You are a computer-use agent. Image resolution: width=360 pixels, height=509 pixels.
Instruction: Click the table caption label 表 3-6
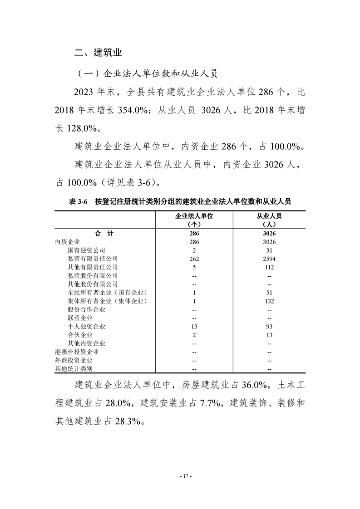pyautogui.click(x=78, y=202)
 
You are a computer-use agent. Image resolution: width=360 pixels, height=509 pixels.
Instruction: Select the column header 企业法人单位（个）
pyautogui.click(x=194, y=220)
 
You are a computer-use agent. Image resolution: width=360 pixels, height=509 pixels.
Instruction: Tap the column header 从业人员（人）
pyautogui.click(x=269, y=220)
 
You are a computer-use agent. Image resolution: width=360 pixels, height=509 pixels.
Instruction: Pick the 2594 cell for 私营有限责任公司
pyautogui.click(x=269, y=259)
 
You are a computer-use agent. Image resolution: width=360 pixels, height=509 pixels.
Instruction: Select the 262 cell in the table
pyautogui.click(x=194, y=259)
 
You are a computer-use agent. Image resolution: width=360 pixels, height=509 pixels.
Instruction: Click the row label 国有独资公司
pyautogui.click(x=86, y=250)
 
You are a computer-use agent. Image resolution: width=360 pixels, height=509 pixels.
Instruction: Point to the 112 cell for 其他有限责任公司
pyautogui.click(x=269, y=267)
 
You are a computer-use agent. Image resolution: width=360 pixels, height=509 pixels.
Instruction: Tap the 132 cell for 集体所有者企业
pyautogui.click(x=269, y=301)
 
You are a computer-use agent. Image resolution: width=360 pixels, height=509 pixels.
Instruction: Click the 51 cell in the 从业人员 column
pyautogui.click(x=269, y=293)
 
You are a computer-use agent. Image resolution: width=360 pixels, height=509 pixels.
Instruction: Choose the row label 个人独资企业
pyautogui.click(x=86, y=327)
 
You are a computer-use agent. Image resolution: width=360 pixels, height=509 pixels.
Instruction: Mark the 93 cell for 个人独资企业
pyautogui.click(x=269, y=327)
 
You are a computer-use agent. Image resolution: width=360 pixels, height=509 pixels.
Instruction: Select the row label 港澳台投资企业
pyautogui.click(x=77, y=352)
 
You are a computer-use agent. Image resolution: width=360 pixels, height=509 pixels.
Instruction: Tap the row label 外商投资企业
pyautogui.click(x=74, y=360)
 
